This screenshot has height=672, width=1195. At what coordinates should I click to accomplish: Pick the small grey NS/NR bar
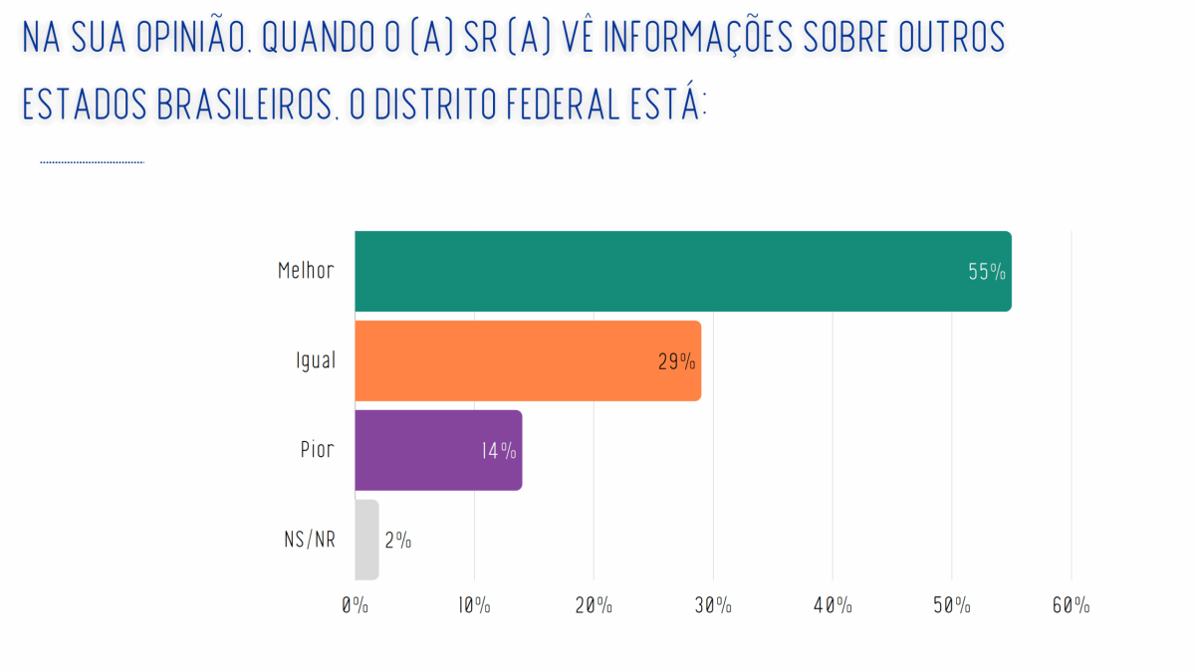(x=366, y=539)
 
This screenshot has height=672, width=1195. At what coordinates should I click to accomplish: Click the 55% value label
(x=987, y=272)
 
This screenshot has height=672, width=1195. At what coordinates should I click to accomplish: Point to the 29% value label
(x=676, y=361)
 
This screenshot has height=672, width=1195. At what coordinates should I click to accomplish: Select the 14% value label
(x=498, y=451)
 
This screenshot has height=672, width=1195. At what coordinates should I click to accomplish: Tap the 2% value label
(x=397, y=541)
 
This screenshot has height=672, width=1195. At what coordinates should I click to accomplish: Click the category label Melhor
(x=306, y=271)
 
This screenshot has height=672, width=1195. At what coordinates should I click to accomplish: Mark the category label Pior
(x=317, y=450)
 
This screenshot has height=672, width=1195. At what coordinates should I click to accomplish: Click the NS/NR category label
(x=309, y=540)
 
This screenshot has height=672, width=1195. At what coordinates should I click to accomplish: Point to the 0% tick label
(x=355, y=605)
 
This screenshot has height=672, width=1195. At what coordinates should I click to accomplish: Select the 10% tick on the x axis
(x=474, y=605)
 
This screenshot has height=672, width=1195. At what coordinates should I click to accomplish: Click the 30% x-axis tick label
(x=713, y=605)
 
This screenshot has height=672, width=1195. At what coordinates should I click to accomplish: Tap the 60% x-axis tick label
(x=1071, y=605)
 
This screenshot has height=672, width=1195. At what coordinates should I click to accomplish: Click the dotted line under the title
(x=92, y=161)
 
